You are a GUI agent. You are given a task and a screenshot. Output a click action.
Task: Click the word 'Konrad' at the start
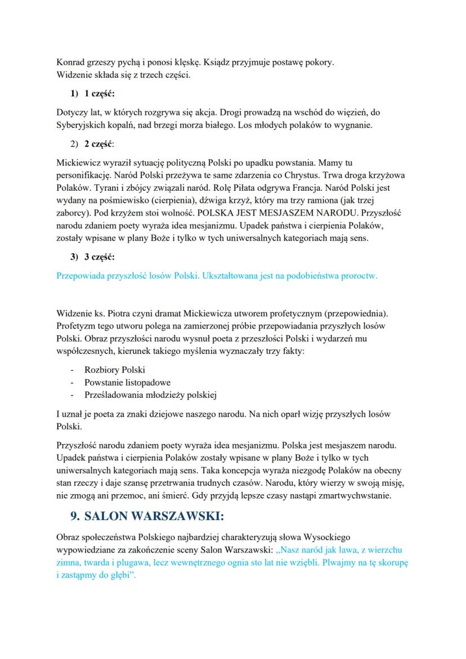70,62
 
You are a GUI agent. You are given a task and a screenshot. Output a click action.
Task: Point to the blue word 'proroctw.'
359,276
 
